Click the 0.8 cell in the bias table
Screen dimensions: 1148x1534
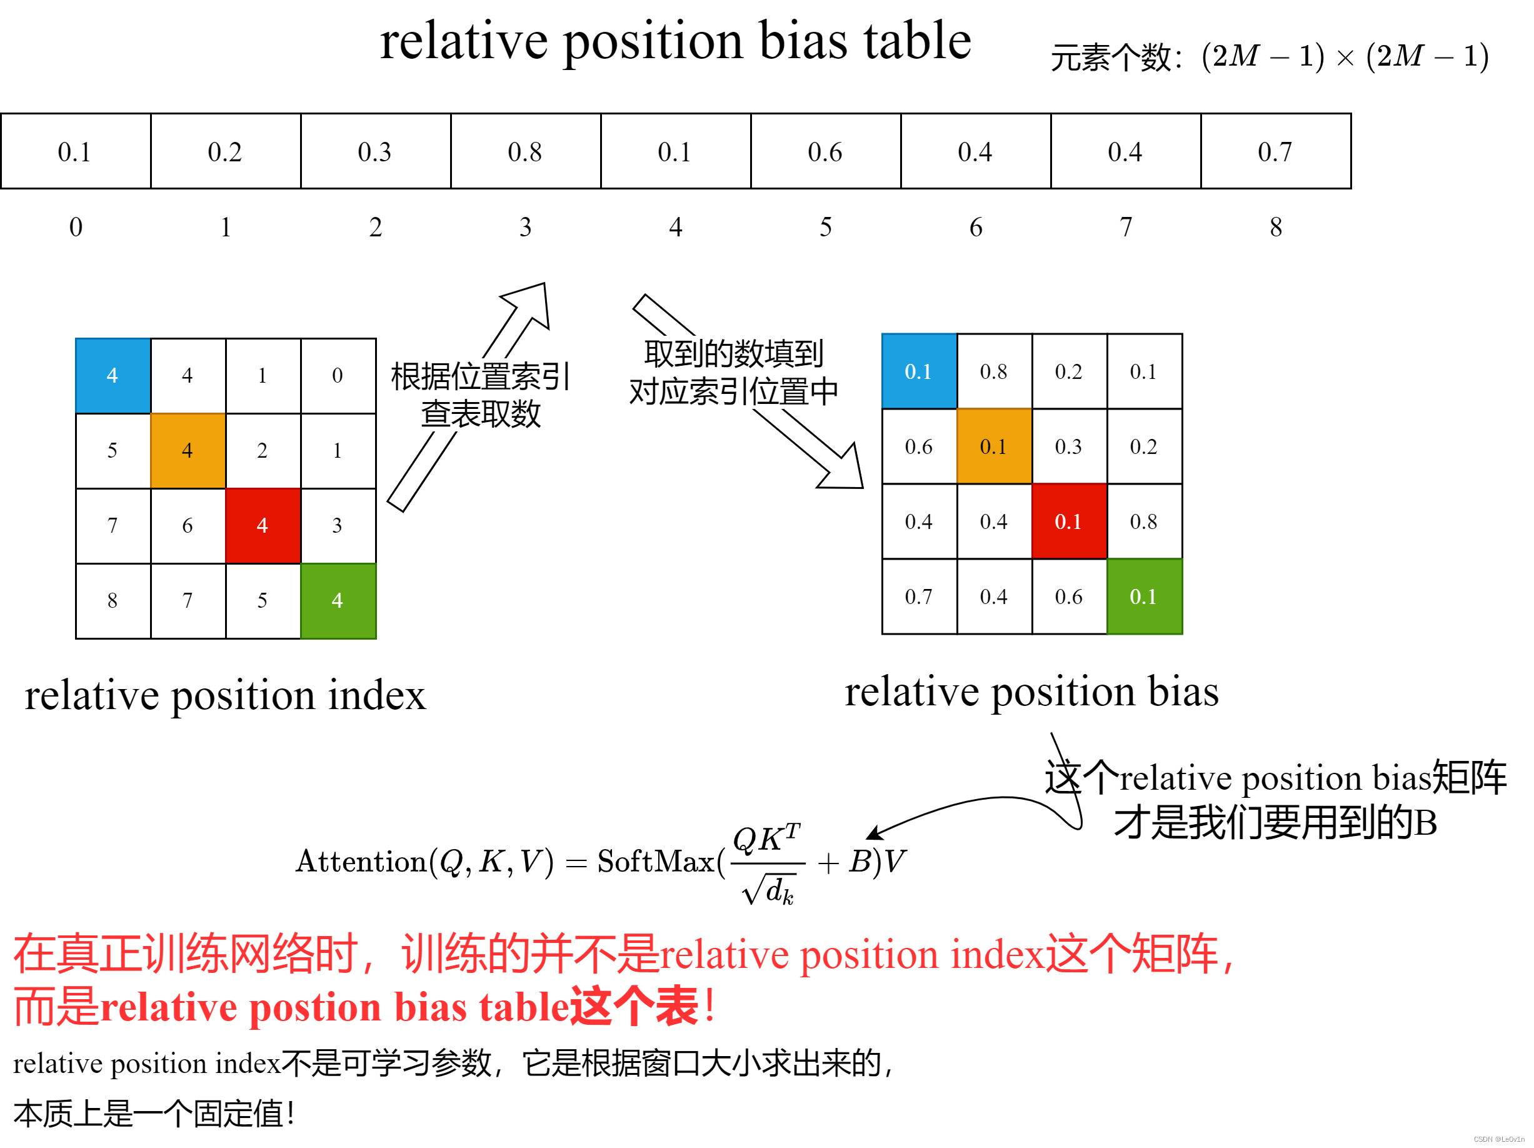(525, 151)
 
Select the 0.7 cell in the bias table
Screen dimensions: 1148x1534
(1275, 151)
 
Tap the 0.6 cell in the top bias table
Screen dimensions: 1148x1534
(825, 151)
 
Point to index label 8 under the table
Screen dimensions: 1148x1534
(1275, 227)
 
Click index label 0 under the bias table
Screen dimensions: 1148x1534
(76, 227)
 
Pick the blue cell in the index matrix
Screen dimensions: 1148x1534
(113, 375)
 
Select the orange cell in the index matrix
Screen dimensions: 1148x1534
(188, 450)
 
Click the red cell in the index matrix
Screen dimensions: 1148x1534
(263, 525)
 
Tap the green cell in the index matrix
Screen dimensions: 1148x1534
(338, 600)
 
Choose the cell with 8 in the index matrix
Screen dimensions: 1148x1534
(113, 600)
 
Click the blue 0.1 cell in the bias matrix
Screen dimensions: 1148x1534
(919, 372)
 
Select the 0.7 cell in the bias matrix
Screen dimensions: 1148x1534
(919, 597)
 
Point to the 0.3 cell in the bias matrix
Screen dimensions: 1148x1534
(1069, 446)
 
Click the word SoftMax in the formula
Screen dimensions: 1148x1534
(654, 862)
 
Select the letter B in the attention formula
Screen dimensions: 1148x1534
(860, 862)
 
